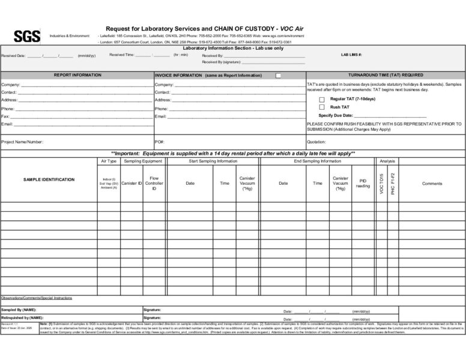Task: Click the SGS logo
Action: [x=27, y=37]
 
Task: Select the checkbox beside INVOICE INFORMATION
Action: [x=278, y=76]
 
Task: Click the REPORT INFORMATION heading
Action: [x=77, y=75]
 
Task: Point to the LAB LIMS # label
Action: [x=351, y=55]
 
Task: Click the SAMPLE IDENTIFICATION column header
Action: [x=49, y=179]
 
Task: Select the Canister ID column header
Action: [x=132, y=183]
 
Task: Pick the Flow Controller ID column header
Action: [x=154, y=183]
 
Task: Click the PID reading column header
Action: [x=363, y=183]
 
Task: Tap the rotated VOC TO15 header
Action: [x=382, y=183]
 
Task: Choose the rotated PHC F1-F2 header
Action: [x=393, y=183]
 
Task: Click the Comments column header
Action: [x=432, y=184]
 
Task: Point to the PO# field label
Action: [x=160, y=142]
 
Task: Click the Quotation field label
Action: [x=316, y=142]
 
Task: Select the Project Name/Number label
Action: [x=22, y=142]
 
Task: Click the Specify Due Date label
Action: [x=336, y=115]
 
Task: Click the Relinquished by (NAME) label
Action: [x=22, y=317]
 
